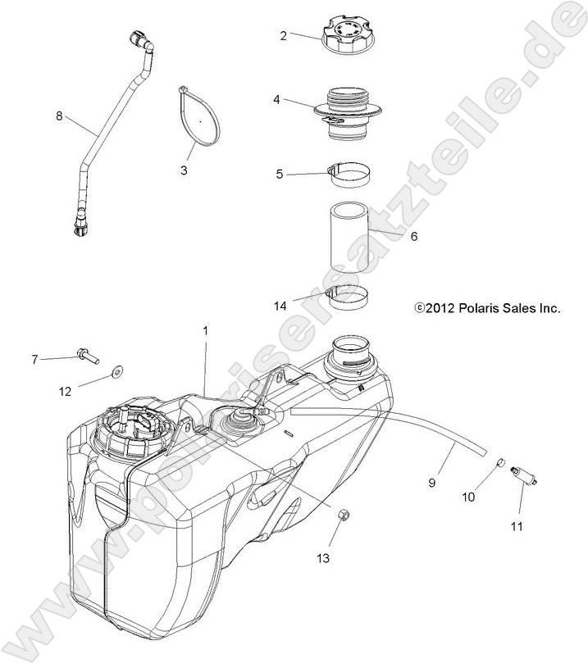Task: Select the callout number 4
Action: coord(277,99)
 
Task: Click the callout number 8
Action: coord(58,116)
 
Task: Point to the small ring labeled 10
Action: coord(497,467)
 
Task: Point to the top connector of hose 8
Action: coord(138,41)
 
